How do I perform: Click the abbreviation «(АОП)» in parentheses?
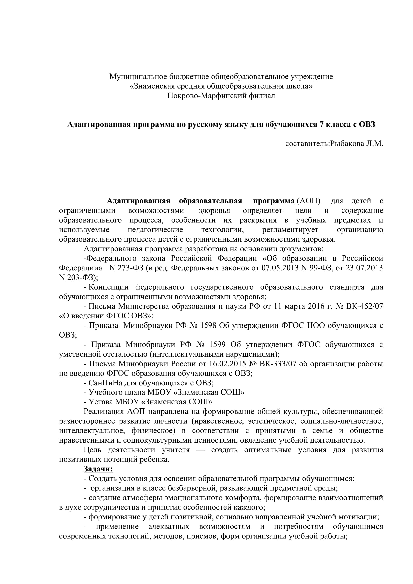309,201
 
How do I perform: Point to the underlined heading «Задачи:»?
98,469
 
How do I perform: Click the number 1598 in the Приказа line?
208,326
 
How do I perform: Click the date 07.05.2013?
280,268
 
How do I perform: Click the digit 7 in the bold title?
321,125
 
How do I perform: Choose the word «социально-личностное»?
342,421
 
